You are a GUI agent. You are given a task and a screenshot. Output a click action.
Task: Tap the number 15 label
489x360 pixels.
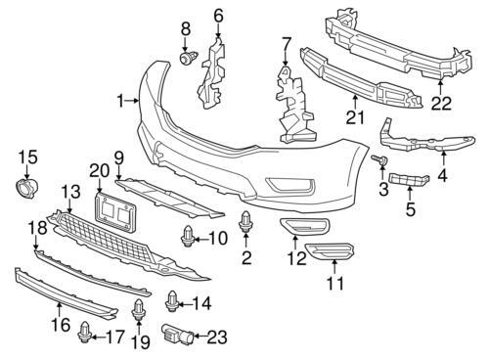click(26, 157)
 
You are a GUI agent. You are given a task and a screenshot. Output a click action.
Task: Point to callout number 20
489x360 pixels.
click(98, 170)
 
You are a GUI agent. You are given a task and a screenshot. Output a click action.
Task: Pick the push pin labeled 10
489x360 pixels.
click(187, 235)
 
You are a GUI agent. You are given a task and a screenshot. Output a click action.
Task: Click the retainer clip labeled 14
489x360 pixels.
click(172, 301)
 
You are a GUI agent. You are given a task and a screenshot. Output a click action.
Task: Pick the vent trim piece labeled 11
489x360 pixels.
click(333, 261)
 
